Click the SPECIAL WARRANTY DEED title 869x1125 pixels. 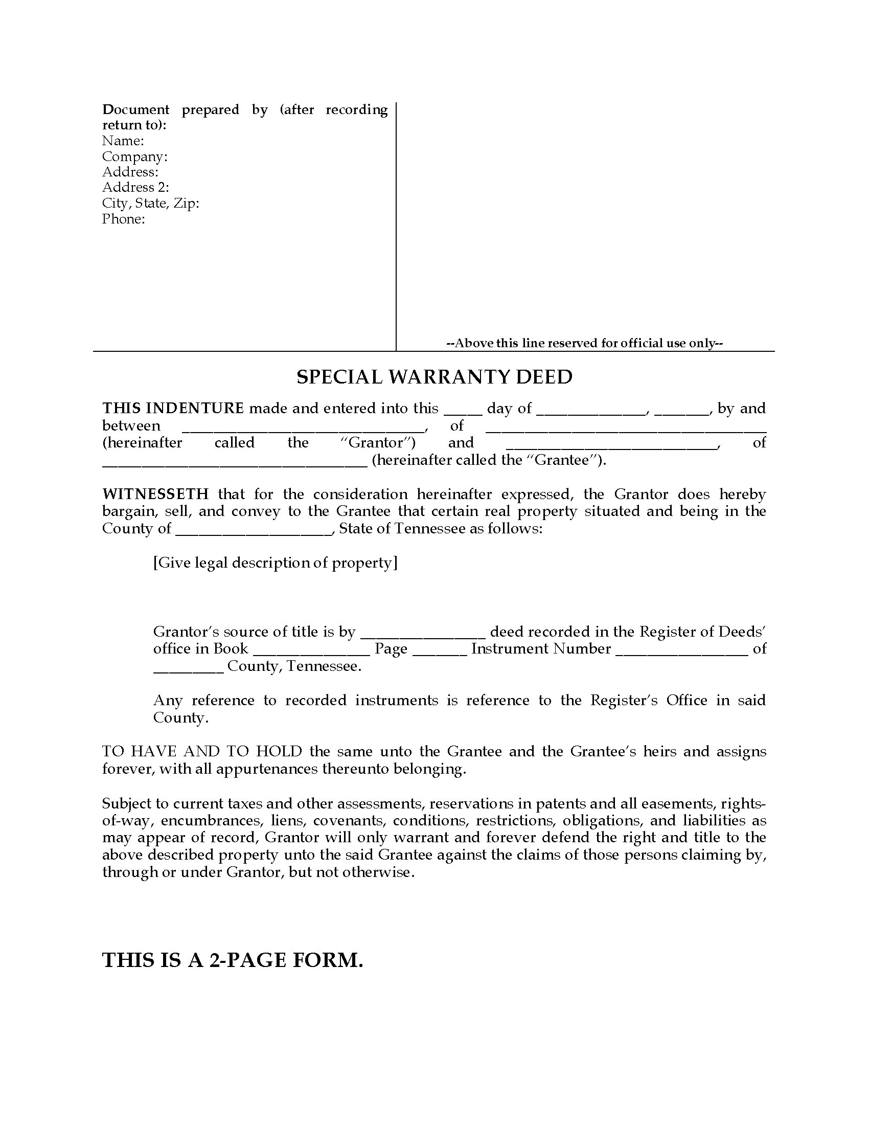434,377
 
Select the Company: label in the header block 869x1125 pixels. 134,156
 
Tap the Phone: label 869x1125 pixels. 123,219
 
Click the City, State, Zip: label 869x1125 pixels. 150,203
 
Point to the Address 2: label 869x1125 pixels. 135,188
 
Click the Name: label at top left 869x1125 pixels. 123,141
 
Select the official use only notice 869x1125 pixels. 584,343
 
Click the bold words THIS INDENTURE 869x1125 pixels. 173,409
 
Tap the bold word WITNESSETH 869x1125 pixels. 155,494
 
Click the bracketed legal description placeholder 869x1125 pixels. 276,562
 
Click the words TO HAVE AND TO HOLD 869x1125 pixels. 202,751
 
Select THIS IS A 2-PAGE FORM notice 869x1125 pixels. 233,960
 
